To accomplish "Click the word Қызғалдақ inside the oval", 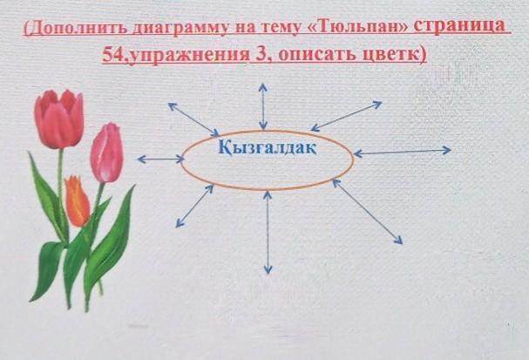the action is tap(268, 148).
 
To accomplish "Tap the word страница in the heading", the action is tap(459, 26).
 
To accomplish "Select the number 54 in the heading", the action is tap(112, 54).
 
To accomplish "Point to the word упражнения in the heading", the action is tap(189, 55).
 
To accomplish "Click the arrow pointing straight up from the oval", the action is tap(263, 106).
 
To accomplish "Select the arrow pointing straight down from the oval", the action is tap(268, 232).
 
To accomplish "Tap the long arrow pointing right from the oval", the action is tap(402, 152).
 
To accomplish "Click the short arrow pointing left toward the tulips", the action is tap(161, 159).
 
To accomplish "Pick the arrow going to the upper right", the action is tap(346, 116).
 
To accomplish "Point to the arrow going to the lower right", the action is tap(368, 211).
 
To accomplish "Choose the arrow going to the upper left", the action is tap(193, 119).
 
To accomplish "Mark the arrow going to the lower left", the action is tap(194, 206).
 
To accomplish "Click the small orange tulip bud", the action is tap(77, 201).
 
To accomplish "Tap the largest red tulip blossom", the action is tap(59, 119).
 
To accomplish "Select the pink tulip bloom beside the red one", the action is tap(107, 153).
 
